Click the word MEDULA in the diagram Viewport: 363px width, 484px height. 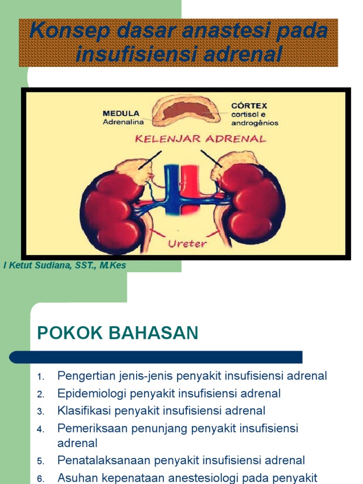click(121, 113)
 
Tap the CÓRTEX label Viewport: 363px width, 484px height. click(249, 105)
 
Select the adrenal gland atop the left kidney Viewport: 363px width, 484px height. click(134, 170)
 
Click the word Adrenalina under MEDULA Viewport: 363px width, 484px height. click(121, 122)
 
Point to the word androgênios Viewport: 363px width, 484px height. click(255, 123)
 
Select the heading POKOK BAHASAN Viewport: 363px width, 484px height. click(118, 333)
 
